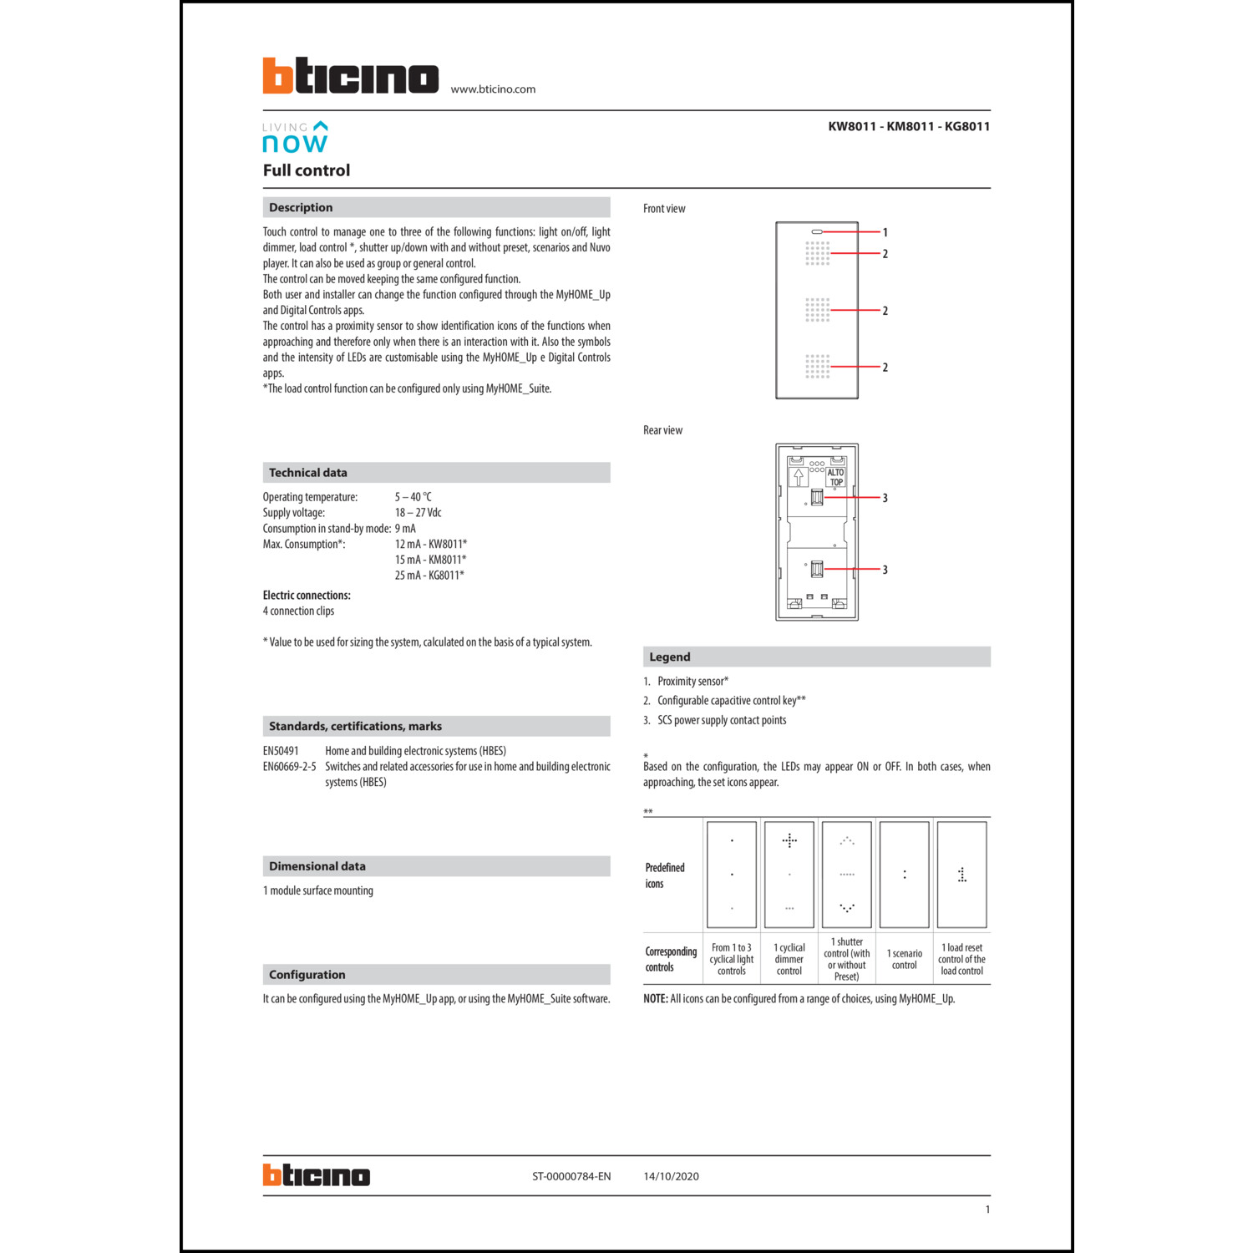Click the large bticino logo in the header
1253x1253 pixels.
pos(350,76)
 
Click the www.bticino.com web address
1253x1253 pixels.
pos(493,89)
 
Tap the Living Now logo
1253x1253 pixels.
pos(295,138)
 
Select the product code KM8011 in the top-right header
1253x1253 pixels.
pos(909,126)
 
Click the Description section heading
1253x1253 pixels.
pos(301,207)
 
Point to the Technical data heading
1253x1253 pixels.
pos(307,473)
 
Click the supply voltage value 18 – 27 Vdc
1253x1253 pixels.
pos(418,513)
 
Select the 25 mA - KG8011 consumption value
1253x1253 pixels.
pos(429,576)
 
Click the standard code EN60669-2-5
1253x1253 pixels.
pos(289,767)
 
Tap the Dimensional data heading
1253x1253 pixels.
pos(317,866)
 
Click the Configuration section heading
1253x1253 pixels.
pos(307,975)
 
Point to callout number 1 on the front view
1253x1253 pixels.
pos(885,232)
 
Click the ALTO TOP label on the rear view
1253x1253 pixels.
pos(836,477)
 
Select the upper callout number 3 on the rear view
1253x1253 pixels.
pos(885,498)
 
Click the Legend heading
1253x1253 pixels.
pos(669,657)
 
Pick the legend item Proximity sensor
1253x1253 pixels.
pos(692,682)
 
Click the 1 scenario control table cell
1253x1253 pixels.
pos(905,959)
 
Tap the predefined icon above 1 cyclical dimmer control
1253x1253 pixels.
pos(789,874)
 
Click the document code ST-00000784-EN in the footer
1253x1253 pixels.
pos(571,1176)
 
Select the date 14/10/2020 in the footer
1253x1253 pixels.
pos(671,1176)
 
